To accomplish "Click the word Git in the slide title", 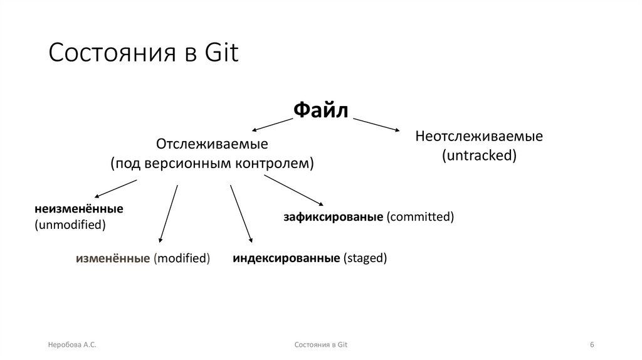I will [222, 53].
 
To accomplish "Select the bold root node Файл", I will [321, 110].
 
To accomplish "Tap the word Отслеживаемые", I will [212, 144].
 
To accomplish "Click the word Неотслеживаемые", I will [479, 136].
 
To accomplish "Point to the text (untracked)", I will [479, 156].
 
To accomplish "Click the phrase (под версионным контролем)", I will [212, 163].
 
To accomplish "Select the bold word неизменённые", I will [79, 208].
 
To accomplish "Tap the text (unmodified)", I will [70, 224].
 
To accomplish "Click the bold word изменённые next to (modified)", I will [113, 258].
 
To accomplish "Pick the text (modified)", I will [182, 258].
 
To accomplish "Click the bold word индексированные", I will [287, 257].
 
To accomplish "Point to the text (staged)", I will [365, 257].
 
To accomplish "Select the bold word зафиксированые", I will [333, 217].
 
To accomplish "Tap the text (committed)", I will [419, 217].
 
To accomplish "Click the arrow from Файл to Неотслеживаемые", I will [376, 124].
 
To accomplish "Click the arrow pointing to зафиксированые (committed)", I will [293, 191].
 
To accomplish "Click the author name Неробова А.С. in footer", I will [72, 345].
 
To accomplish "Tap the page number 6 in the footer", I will [592, 345].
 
